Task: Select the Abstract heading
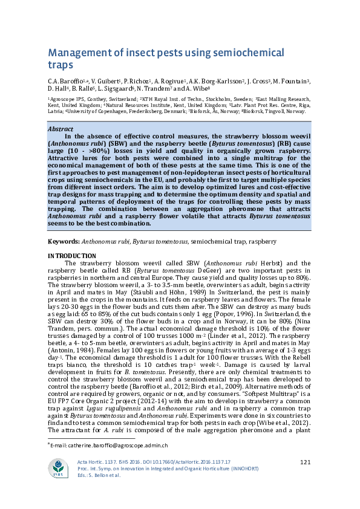pyautogui.click(x=62, y=129)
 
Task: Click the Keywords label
pyautogui.click(x=64, y=241)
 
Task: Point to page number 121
pyautogui.click(x=305, y=462)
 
